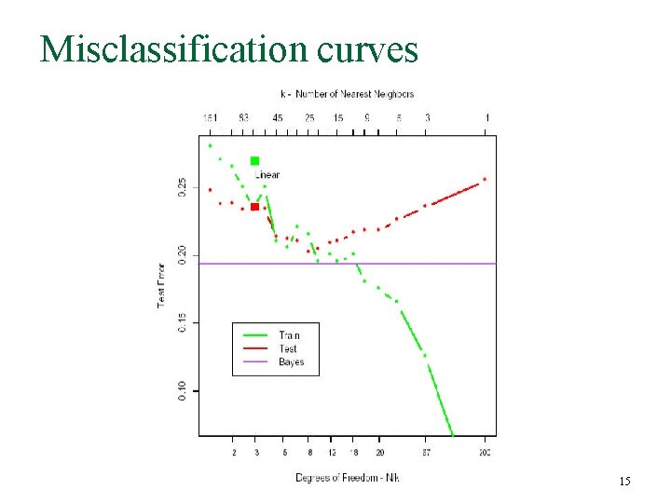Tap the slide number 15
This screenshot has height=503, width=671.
pyautogui.click(x=624, y=481)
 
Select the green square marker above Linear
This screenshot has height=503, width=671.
pyautogui.click(x=254, y=161)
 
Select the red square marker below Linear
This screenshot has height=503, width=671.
pyautogui.click(x=254, y=207)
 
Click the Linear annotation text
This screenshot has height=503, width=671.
pyautogui.click(x=267, y=175)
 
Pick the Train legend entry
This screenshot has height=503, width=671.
pyautogui.click(x=289, y=335)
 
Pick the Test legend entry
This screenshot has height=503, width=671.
pyautogui.click(x=288, y=348)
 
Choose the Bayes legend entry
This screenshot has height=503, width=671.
pyautogui.click(x=291, y=361)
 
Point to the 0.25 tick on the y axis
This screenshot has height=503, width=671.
pyautogui.click(x=183, y=187)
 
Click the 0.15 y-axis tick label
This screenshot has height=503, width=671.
pyautogui.click(x=183, y=321)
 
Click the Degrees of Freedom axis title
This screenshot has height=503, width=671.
pyautogui.click(x=348, y=478)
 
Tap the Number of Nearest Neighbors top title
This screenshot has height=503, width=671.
pyautogui.click(x=347, y=94)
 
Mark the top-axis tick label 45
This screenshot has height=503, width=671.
pyautogui.click(x=278, y=118)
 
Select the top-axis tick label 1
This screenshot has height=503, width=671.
pyautogui.click(x=486, y=118)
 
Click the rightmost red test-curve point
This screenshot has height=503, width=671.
pyautogui.click(x=485, y=179)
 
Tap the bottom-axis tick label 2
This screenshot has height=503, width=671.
pyautogui.click(x=234, y=453)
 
